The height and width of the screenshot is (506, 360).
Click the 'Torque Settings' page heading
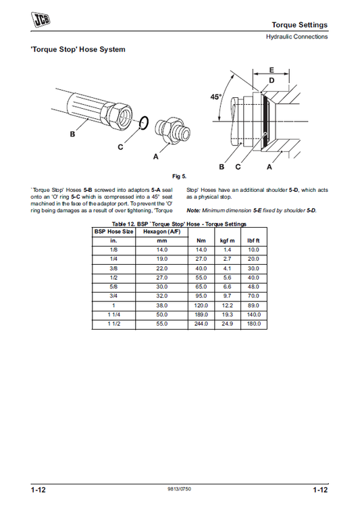304,25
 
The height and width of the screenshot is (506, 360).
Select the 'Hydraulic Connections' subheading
297,36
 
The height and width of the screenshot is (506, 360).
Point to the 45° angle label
215,97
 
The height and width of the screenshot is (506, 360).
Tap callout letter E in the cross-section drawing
272,70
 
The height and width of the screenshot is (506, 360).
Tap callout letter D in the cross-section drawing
272,80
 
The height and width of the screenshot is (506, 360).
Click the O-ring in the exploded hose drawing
143,123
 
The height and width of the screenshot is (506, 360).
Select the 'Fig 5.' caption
180,176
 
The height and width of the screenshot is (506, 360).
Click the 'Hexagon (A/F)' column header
161,231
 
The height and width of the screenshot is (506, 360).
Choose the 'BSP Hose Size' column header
113,231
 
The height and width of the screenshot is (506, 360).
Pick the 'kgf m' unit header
228,241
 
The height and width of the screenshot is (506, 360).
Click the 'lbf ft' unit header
253,241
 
